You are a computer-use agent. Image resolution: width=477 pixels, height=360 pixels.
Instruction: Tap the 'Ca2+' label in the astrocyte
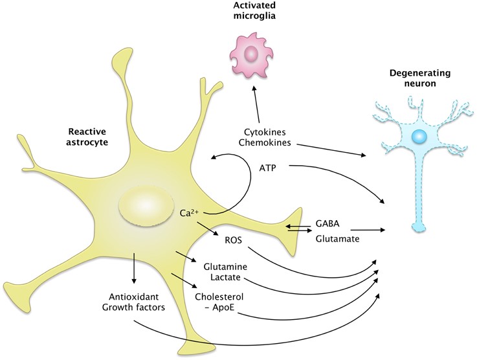190,212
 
